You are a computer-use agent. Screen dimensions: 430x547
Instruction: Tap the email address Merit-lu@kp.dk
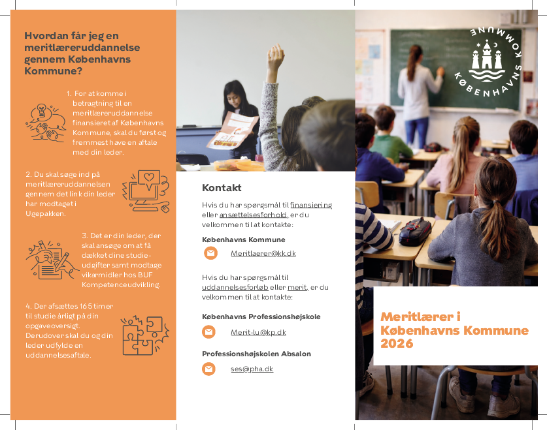click(258, 332)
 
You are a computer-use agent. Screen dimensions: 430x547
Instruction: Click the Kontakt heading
click(222, 188)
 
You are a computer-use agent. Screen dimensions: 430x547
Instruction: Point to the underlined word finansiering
click(311, 205)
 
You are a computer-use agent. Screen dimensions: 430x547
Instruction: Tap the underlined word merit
click(297, 287)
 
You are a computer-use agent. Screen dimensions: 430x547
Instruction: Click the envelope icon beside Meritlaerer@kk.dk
click(209, 253)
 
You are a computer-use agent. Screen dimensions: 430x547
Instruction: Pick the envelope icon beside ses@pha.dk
click(209, 369)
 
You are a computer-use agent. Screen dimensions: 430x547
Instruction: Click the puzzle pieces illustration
click(144, 335)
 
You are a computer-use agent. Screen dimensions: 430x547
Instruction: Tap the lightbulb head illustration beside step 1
click(45, 121)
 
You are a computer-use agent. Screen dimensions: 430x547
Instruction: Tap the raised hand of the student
click(276, 57)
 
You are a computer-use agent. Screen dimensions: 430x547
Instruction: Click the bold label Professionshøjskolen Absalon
click(256, 354)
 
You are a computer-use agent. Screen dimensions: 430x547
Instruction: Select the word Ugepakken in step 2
click(45, 213)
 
